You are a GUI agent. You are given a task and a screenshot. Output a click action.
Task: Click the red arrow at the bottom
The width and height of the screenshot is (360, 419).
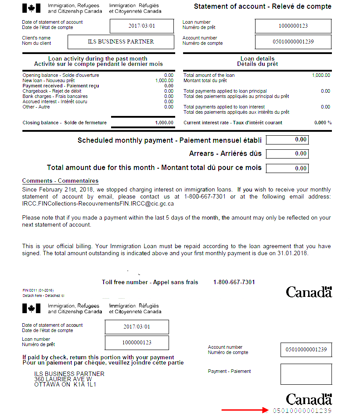pos(244,410)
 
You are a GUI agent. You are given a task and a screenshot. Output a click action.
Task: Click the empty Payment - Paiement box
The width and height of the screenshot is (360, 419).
pos(306,374)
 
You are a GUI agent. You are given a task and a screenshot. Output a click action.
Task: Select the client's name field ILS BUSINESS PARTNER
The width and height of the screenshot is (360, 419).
pos(121,42)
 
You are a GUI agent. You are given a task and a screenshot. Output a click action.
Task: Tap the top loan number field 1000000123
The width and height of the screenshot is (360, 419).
pos(293,26)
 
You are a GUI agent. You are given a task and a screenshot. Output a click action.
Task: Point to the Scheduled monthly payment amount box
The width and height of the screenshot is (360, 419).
pos(287,140)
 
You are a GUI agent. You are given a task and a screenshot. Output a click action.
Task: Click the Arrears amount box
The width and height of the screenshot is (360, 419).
pos(287,154)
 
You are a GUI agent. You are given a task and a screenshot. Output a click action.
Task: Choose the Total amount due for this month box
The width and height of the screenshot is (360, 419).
pos(287,168)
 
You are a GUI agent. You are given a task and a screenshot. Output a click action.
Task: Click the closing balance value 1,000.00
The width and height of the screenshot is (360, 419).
pos(164,123)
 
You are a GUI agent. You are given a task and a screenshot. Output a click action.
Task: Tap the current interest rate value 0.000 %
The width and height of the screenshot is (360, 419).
pos(323,123)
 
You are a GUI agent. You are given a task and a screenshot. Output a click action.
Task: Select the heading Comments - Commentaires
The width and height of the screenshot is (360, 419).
pos(60,181)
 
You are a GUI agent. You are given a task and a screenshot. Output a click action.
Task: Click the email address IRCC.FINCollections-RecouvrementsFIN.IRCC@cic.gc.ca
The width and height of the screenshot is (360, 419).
pos(98,204)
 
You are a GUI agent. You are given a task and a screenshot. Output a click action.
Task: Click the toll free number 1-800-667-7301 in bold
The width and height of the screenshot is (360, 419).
pos(234,282)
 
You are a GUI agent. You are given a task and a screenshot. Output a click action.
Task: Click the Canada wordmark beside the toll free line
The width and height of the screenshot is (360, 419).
pos(309,292)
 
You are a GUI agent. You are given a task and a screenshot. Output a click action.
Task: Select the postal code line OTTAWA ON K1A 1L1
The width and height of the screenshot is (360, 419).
pos(65,384)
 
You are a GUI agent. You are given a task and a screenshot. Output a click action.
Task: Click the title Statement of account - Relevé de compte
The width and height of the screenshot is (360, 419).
pos(263,7)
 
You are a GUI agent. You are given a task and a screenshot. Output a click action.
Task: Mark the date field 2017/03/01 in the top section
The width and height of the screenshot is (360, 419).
pos(141,26)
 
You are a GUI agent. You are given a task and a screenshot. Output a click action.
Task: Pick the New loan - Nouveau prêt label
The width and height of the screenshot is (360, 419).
pos(48,81)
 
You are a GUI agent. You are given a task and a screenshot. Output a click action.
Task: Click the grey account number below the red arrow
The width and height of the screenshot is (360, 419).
pos(302,411)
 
